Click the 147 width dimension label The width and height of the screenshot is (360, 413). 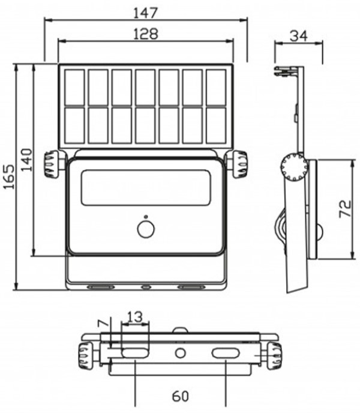pos(145,13)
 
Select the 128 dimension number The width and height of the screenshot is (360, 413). pos(146,34)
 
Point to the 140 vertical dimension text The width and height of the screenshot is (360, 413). pos(26,160)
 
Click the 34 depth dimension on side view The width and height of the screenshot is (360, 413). pos(299,36)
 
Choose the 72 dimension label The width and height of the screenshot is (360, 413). pos(345,209)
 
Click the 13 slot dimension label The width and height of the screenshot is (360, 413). pos(134,317)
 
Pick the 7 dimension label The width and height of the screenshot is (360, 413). pos(103,324)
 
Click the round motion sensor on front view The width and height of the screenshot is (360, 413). pos(146,229)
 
